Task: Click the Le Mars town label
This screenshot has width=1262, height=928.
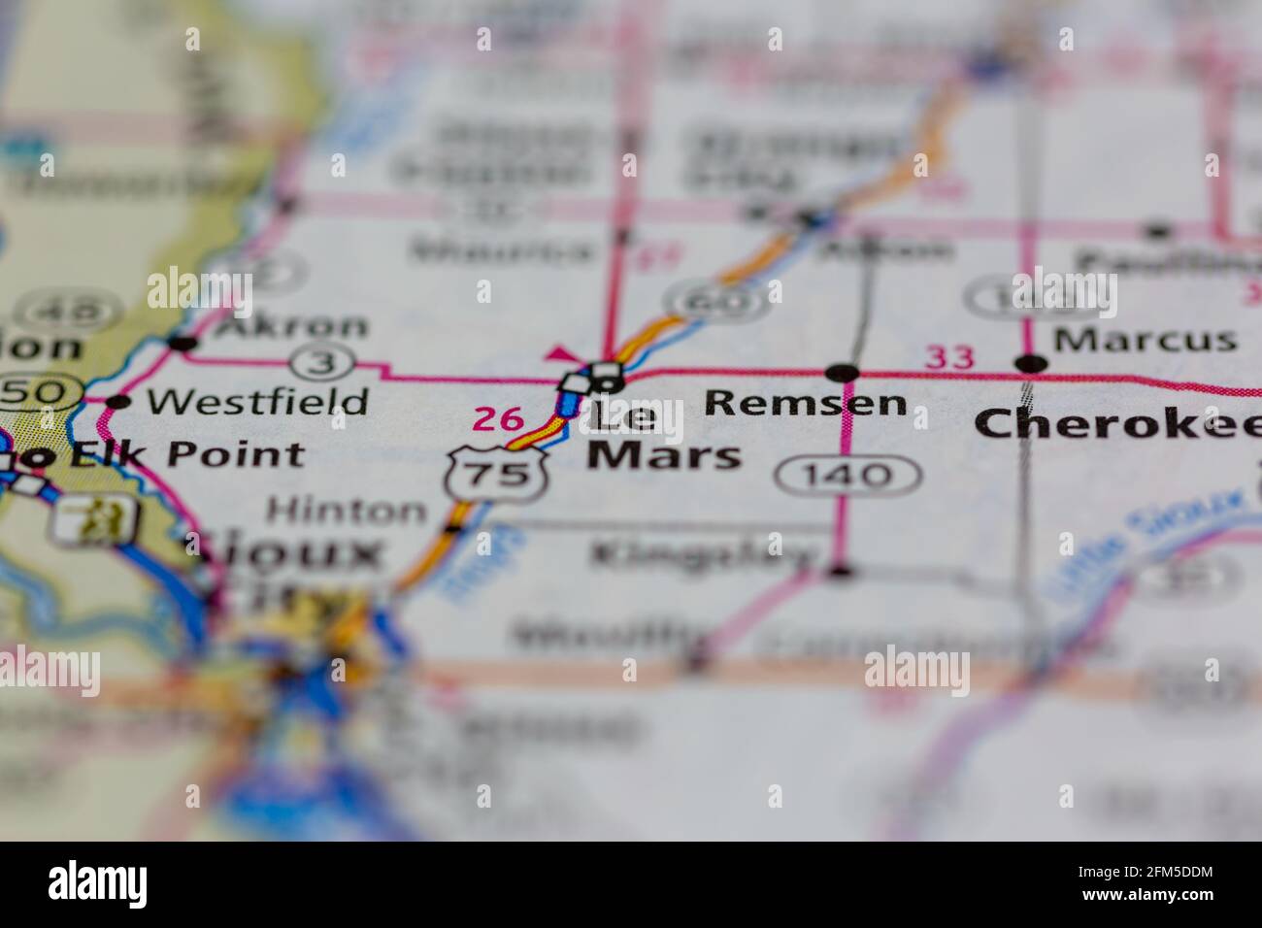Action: coord(663,437)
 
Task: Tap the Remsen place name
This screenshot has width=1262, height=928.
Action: coord(806,402)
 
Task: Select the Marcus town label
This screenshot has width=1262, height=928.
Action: coord(1145,340)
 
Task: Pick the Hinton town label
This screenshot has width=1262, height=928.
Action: coord(346,509)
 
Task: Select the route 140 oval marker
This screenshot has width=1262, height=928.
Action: coord(847,475)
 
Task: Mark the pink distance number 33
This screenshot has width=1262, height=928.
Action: coord(948,357)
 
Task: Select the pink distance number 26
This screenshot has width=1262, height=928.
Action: coord(498,419)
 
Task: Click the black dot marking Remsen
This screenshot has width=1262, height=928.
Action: coord(843,372)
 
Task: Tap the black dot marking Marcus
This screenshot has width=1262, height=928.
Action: coord(1031,364)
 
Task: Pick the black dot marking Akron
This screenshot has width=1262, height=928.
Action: coord(182,343)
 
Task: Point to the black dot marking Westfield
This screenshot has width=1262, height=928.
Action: coord(118,402)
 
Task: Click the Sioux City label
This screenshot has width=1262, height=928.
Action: coord(291,573)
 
